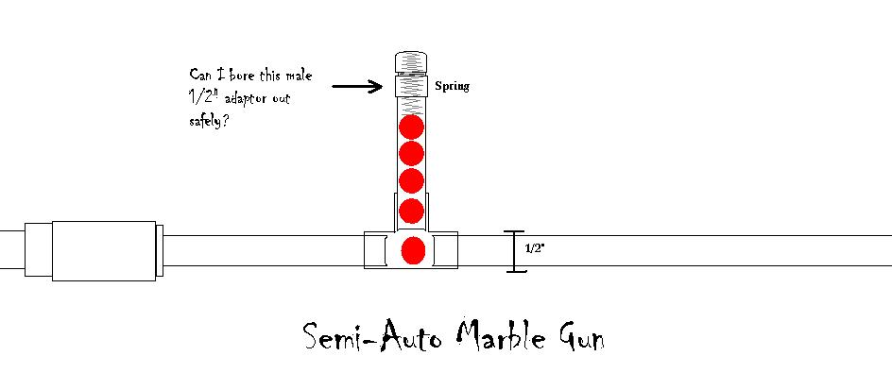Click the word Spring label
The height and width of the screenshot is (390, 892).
pos(452,87)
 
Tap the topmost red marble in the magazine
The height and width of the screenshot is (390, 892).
pos(410,127)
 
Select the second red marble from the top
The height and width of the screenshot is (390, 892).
pos(410,153)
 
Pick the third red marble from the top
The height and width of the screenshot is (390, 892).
pos(410,180)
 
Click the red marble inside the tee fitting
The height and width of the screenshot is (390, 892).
pos(412,251)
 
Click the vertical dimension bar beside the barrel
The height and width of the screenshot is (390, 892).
pos(515,252)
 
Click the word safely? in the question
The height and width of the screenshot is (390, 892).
pos(210,122)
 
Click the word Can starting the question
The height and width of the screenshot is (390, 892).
pos(201,75)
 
